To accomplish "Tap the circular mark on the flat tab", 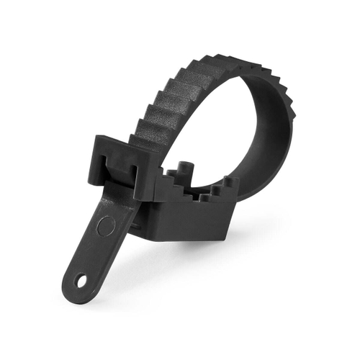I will (x=106, y=225).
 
